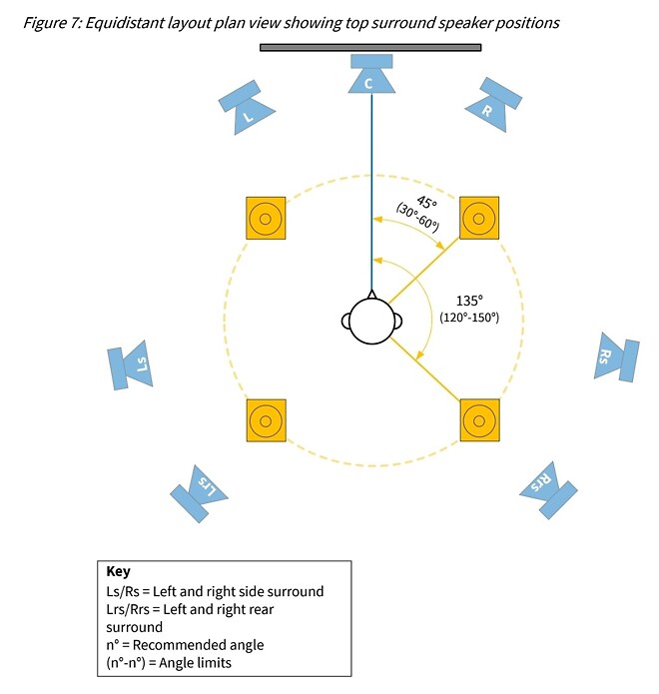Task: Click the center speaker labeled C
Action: click(371, 78)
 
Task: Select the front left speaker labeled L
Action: click(244, 110)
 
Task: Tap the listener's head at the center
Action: click(371, 321)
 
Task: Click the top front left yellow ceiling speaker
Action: click(265, 218)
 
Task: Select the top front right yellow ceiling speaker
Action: click(478, 218)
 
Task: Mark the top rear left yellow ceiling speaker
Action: click(265, 421)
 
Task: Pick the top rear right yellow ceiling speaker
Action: click(478, 421)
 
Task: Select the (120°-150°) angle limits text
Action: click(468, 317)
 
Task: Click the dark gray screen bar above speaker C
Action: click(370, 47)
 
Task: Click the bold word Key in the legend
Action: click(118, 572)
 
